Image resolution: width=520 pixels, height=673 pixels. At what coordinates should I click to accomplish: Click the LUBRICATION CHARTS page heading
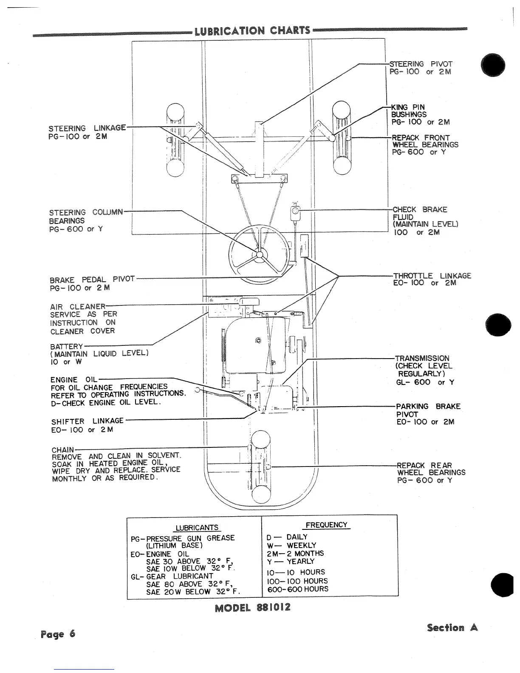click(x=252, y=31)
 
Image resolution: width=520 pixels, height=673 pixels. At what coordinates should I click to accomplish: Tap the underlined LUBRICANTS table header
click(x=197, y=528)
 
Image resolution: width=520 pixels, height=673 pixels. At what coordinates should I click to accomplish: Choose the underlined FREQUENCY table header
click(x=326, y=525)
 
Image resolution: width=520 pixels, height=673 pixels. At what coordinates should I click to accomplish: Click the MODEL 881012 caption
click(x=252, y=608)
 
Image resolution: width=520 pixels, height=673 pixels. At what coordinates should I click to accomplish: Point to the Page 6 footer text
click(x=58, y=634)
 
